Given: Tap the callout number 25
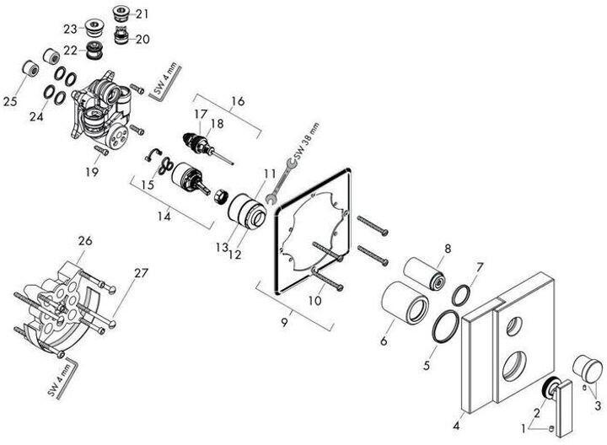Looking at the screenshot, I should point(10,101).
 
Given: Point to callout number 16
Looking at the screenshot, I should point(238,100).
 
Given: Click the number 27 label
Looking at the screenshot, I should point(140,272).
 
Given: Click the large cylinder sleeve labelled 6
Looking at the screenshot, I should point(406,303).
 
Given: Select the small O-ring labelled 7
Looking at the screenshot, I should point(461,294).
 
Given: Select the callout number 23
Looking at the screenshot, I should point(69,29).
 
